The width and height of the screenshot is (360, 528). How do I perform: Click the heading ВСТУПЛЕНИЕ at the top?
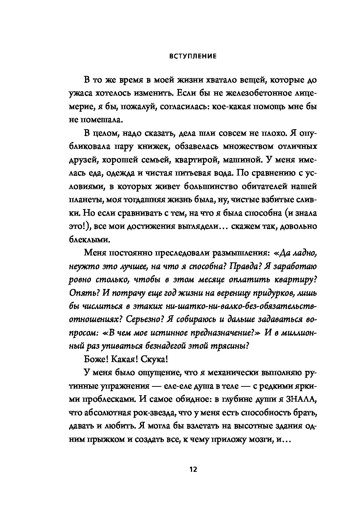(193, 57)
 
